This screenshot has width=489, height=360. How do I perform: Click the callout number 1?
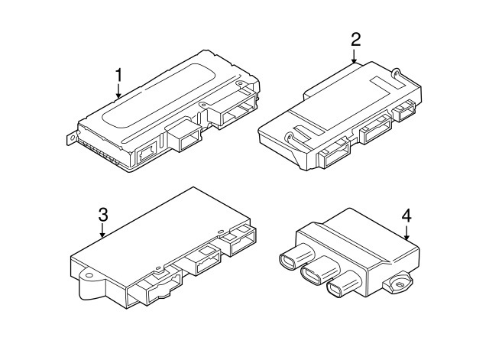(118, 76)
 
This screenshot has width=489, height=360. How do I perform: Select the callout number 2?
(355, 40)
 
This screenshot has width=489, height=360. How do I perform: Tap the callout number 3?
(103, 215)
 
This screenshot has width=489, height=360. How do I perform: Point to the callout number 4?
(406, 216)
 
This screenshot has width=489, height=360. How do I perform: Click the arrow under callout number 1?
(118, 91)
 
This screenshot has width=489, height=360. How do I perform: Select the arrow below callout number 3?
(102, 230)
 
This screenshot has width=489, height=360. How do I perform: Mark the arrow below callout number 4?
(406, 232)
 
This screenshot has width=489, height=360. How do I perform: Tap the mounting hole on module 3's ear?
(89, 276)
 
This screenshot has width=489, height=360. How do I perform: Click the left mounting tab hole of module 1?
(73, 138)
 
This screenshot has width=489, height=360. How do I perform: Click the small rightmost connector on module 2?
(404, 110)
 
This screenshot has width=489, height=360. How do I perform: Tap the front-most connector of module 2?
(334, 154)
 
